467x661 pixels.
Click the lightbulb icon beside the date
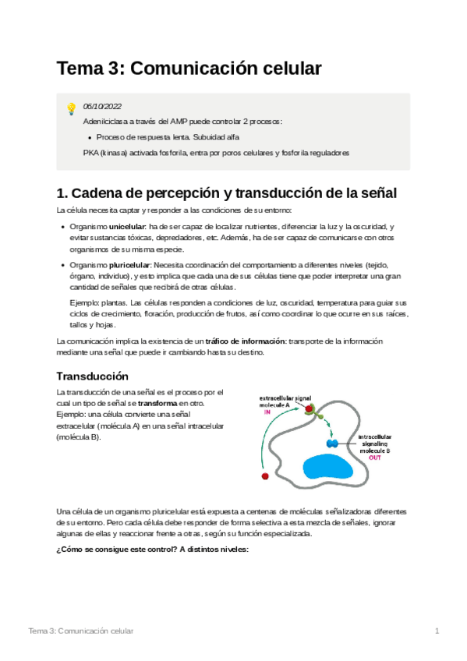pos(71,108)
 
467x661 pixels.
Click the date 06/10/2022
pos(102,107)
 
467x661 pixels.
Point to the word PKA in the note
pos(90,153)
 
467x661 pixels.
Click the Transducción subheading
pos(93,374)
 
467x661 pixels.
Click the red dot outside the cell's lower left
pos(265,475)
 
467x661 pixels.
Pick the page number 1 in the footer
pos(437,630)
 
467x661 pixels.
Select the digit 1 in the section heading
pos(62,193)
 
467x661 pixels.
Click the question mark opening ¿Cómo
pos(59,550)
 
